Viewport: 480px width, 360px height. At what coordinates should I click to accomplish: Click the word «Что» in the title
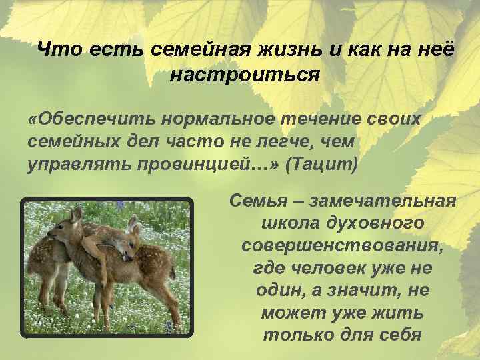(57, 49)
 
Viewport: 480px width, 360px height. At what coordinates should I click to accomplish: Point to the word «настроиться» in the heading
(245, 74)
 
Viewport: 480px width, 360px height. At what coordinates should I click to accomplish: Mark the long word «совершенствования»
(341, 245)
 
